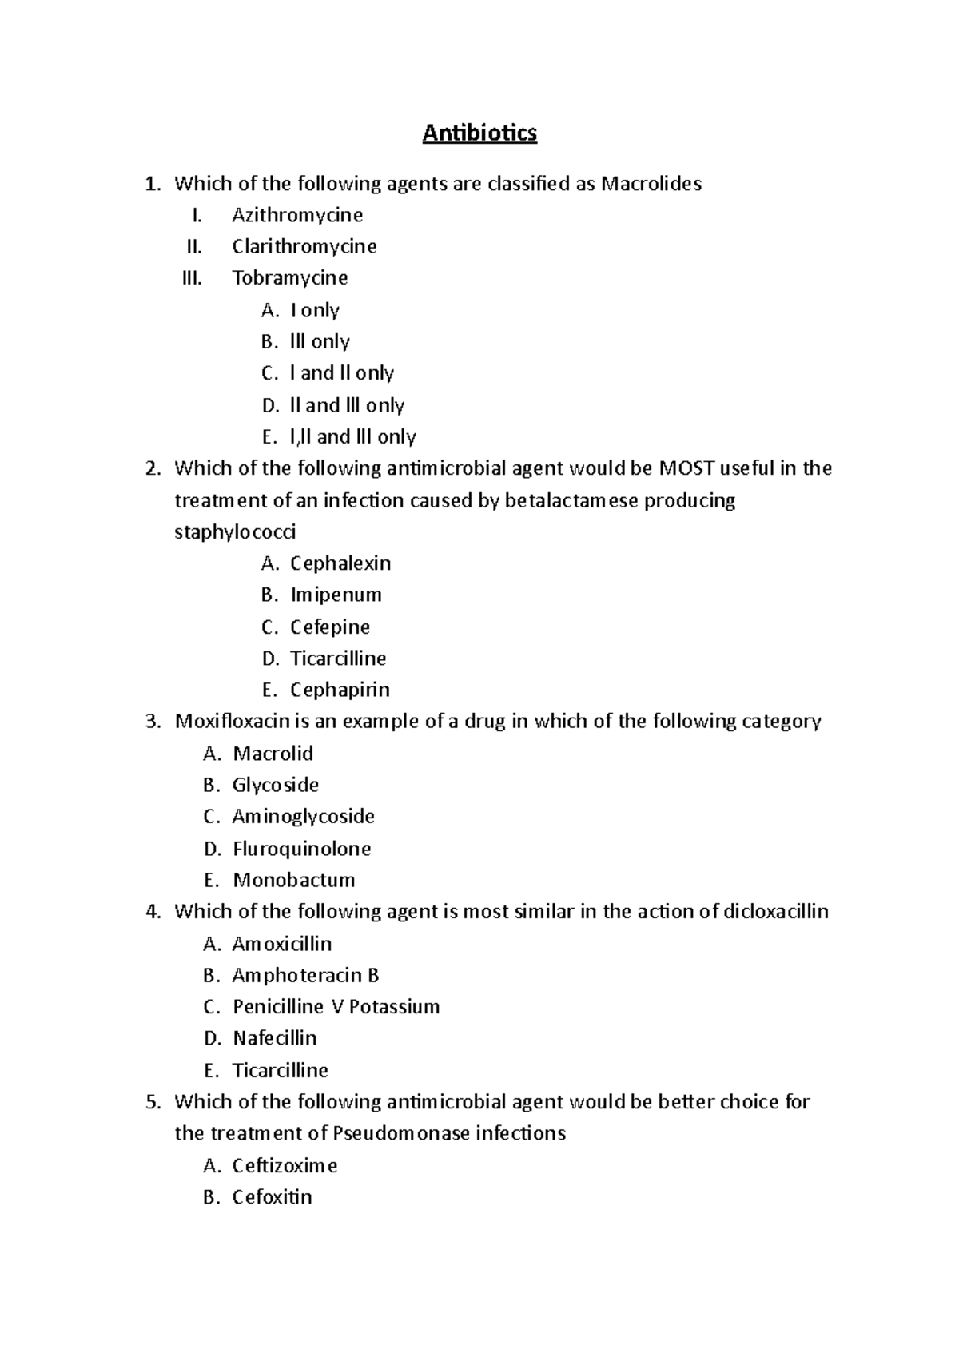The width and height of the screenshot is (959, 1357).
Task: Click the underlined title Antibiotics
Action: pyautogui.click(x=479, y=133)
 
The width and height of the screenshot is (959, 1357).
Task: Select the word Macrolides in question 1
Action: pyautogui.click(x=651, y=184)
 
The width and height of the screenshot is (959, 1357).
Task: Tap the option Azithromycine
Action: pyautogui.click(x=297, y=215)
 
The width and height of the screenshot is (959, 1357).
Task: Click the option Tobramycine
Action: pyautogui.click(x=289, y=278)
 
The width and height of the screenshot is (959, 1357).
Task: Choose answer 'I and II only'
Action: pyautogui.click(x=341, y=373)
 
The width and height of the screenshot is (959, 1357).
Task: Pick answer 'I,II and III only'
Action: pyautogui.click(x=352, y=436)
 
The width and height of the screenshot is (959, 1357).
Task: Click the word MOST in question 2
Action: pyautogui.click(x=686, y=468)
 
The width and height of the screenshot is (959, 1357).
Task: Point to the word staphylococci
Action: pyautogui.click(x=235, y=531)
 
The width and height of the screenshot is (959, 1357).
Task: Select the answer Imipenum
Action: pyautogui.click(x=336, y=595)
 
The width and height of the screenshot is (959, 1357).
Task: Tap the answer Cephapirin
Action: pyautogui.click(x=340, y=690)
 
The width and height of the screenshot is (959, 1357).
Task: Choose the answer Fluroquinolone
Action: pyautogui.click(x=301, y=849)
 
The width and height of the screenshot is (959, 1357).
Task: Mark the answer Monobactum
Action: pyautogui.click(x=293, y=880)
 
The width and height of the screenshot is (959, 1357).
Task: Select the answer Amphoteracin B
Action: pyautogui.click(x=305, y=975)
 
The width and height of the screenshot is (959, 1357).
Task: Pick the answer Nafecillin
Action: pyautogui.click(x=274, y=1038)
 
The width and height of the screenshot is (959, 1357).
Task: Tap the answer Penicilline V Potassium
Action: pyautogui.click(x=336, y=1007)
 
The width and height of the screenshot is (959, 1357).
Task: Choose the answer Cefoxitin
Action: pyautogui.click(x=272, y=1197)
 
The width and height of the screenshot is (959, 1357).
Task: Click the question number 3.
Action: pyautogui.click(x=153, y=722)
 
